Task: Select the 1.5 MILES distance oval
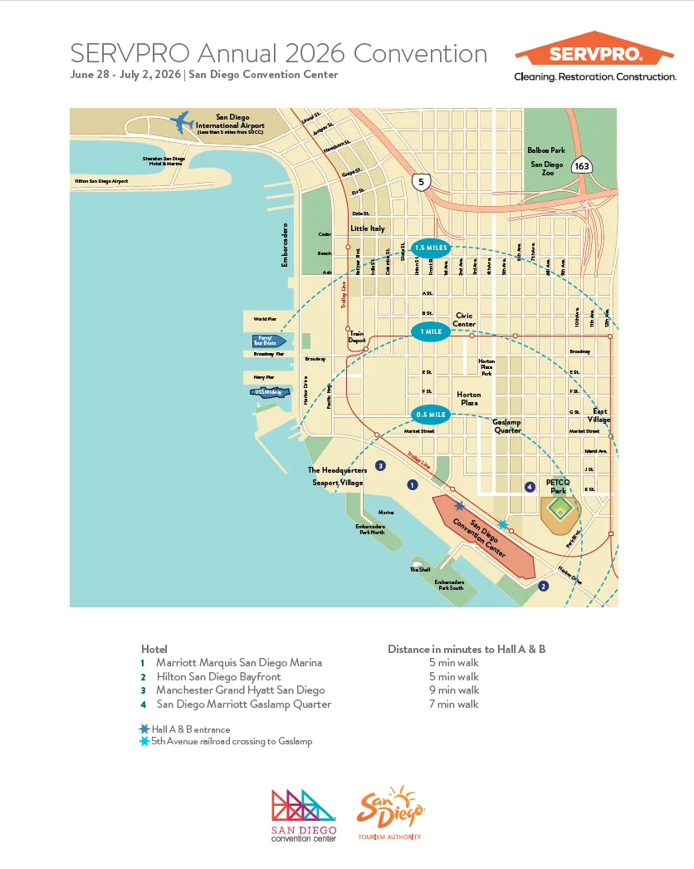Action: click(x=430, y=248)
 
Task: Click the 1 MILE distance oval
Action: click(x=431, y=331)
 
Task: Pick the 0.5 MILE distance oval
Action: click(x=430, y=414)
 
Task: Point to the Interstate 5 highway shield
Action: click(x=422, y=181)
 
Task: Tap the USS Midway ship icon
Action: click(x=271, y=393)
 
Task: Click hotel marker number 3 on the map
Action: click(x=380, y=466)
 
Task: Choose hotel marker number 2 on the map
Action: click(x=543, y=586)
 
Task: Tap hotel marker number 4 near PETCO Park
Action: click(x=530, y=487)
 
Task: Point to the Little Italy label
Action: click(x=367, y=228)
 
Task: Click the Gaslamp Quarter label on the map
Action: click(x=507, y=425)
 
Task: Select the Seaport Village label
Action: click(x=338, y=482)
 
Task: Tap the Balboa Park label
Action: click(x=546, y=150)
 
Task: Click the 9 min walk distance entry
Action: click(x=454, y=690)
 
